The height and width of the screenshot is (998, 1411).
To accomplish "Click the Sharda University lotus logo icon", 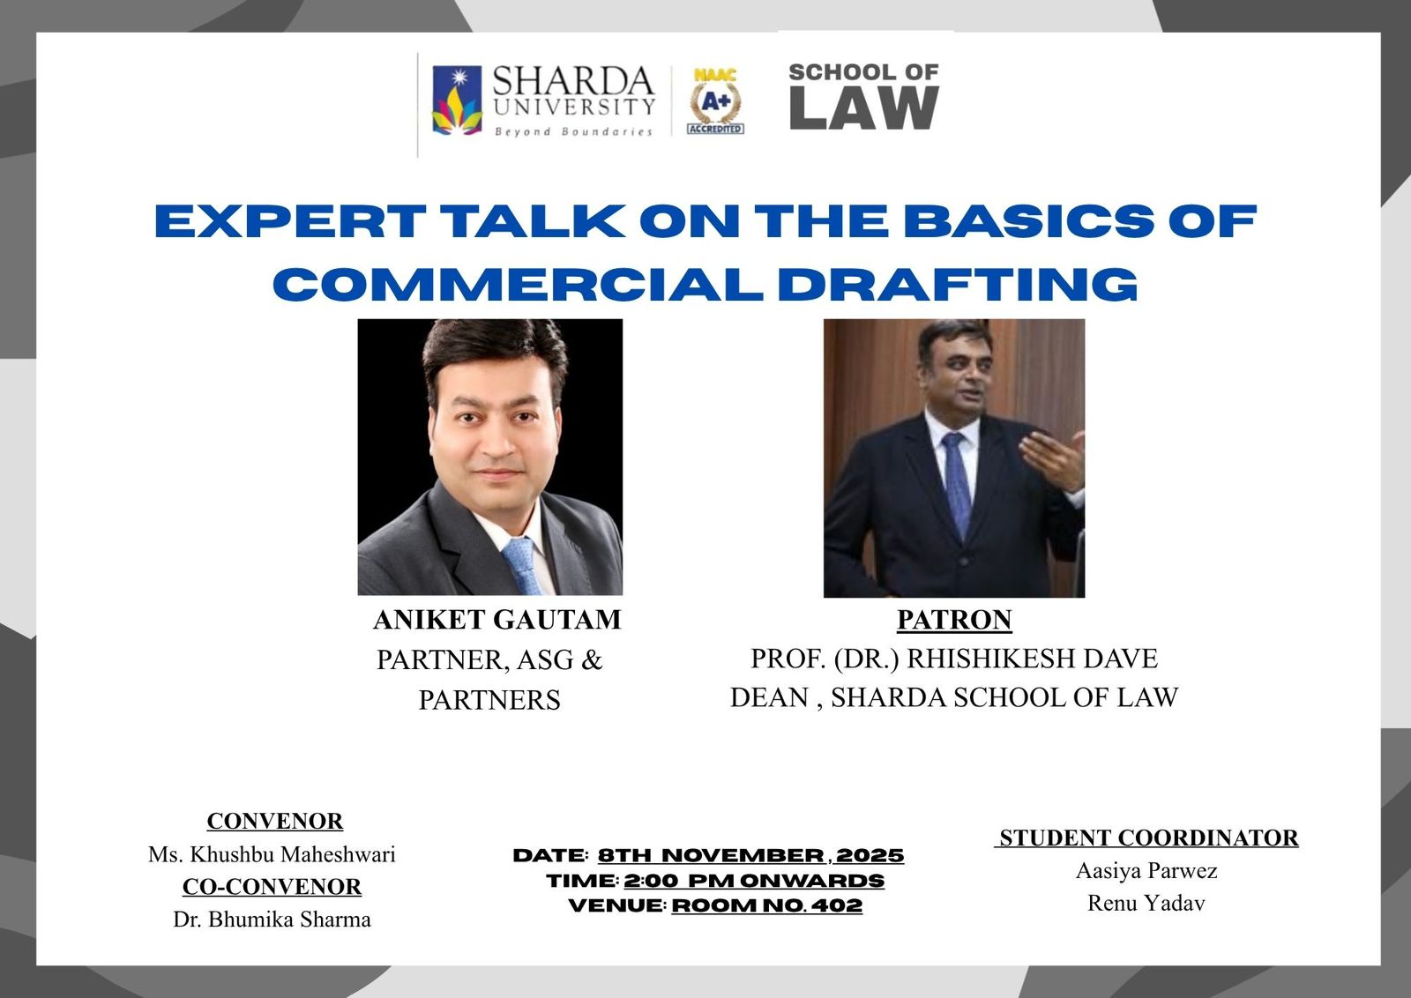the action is click(458, 101).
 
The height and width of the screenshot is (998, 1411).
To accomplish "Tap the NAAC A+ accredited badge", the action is click(715, 101).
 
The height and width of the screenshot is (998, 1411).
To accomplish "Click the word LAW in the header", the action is click(864, 108).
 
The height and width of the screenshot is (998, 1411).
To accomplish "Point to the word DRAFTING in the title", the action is click(958, 285).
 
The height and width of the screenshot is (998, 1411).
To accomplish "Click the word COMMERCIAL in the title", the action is click(518, 285).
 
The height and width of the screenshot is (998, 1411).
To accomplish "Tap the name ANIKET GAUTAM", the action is click(497, 620).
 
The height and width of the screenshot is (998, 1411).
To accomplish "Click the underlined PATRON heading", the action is click(954, 620).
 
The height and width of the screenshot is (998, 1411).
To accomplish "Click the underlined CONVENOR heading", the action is click(274, 821).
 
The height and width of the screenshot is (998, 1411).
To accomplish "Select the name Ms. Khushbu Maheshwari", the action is click(272, 854).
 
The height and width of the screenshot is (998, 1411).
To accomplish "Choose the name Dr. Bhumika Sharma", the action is click(272, 920).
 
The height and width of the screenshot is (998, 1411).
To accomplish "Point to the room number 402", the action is click(837, 905).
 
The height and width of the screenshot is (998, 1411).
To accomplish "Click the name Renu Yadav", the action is click(1146, 903).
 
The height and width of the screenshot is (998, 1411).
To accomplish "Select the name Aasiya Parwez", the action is click(1146, 871).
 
